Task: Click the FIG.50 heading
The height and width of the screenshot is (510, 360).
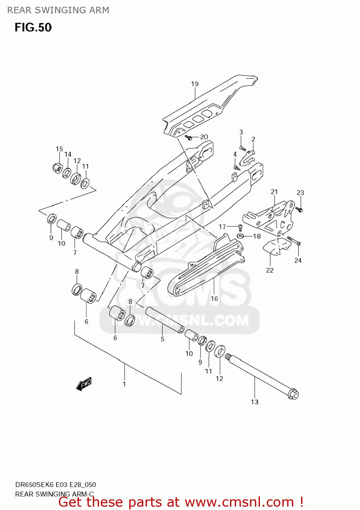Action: [x=33, y=28]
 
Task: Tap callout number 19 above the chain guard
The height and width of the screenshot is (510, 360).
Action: [x=195, y=84]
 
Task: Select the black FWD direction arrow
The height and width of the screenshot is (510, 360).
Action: [x=84, y=384]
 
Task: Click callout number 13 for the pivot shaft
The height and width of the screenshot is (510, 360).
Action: [x=255, y=402]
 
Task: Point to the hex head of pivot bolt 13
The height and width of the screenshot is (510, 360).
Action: [x=293, y=394]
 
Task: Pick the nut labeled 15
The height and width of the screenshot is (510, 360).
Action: [x=58, y=167]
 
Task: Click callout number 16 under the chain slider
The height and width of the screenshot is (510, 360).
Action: [x=214, y=299]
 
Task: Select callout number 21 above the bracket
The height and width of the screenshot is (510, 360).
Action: [x=274, y=192]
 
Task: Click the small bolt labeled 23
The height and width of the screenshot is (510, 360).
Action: [x=299, y=209]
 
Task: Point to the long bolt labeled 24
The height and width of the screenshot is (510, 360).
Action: [x=293, y=241]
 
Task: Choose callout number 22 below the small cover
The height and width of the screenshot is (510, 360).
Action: [x=270, y=270]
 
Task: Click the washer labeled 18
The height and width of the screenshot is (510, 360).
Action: [x=240, y=236]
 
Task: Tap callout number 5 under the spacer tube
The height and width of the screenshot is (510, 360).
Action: [x=163, y=339]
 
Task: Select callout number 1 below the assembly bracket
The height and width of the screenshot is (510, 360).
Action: [x=125, y=384]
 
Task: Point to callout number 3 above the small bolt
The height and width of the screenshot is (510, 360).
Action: [x=241, y=132]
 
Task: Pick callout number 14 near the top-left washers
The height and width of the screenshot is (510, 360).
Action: [x=68, y=154]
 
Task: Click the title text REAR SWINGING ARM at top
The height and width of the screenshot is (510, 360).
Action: [x=58, y=10]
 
